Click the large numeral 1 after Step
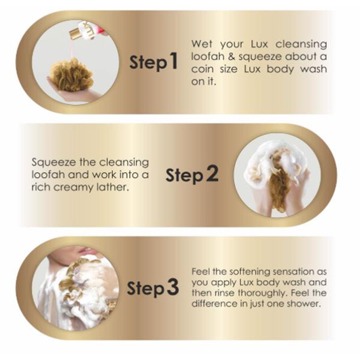click(173, 61)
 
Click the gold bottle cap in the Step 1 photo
click(76, 33)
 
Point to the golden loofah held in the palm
click(71, 74)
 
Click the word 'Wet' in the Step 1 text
click(202, 44)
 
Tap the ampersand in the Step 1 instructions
click(232, 56)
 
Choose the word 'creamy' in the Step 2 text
click(74, 188)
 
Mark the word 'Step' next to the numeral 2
click(185, 176)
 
